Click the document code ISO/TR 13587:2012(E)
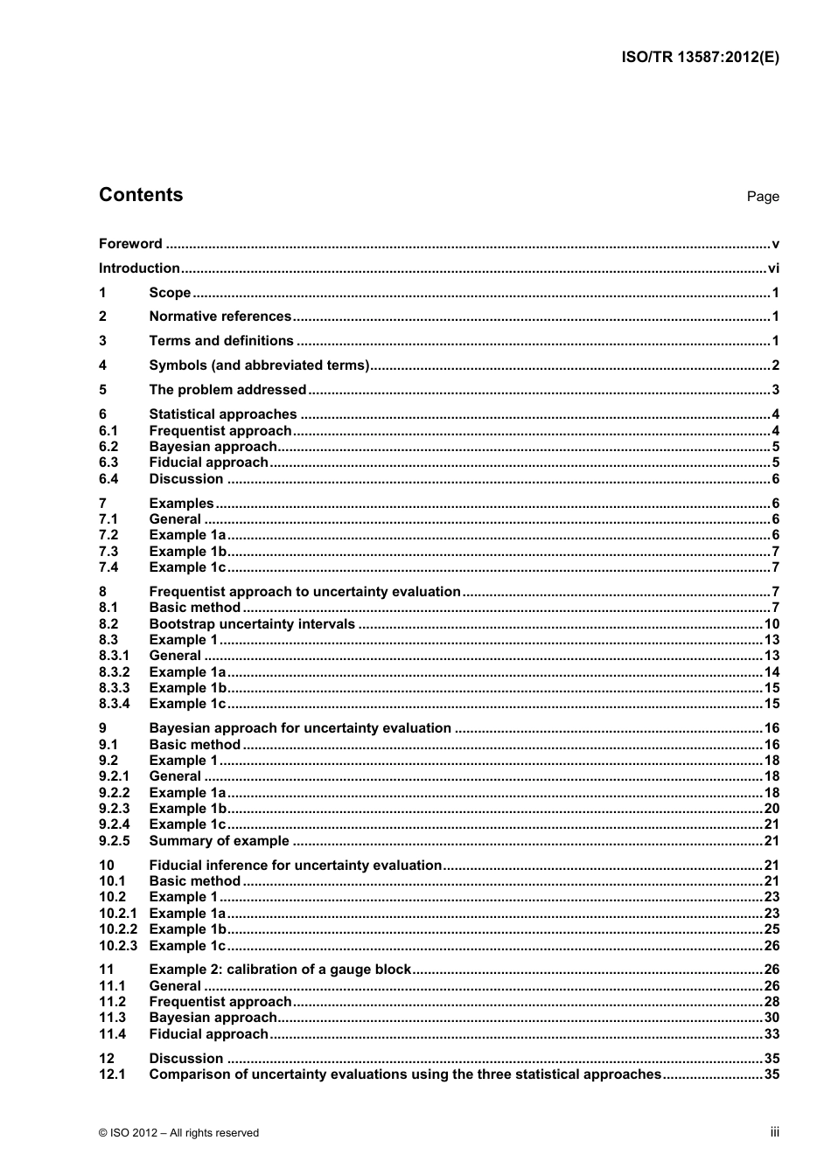click(x=700, y=58)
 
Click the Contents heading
click(x=141, y=195)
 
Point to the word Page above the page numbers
click(x=762, y=197)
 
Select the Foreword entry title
click(x=130, y=244)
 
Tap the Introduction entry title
click(x=139, y=268)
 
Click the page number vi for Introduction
click(x=772, y=268)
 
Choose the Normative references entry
click(x=220, y=316)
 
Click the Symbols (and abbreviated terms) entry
click(x=259, y=365)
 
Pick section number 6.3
click(x=108, y=462)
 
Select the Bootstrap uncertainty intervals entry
click(x=252, y=624)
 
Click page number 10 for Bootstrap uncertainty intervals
click(x=771, y=624)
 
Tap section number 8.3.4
click(x=114, y=704)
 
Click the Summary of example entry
click(x=219, y=841)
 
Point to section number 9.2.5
click(x=114, y=841)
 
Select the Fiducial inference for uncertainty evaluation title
click(x=295, y=866)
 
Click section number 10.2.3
click(x=118, y=946)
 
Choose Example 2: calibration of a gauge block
click(x=280, y=970)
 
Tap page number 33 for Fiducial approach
click(x=771, y=1034)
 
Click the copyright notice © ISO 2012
click(x=178, y=1133)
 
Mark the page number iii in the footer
click(x=774, y=1132)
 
